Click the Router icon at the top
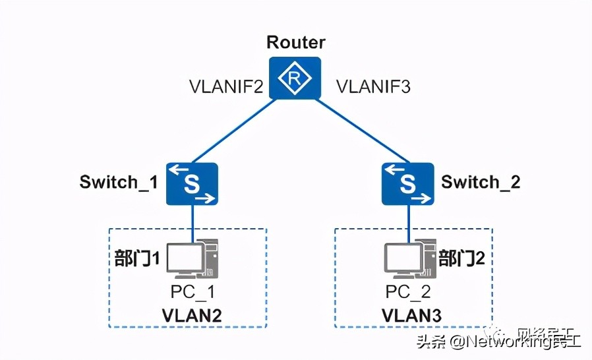[295, 78]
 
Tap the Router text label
[295, 43]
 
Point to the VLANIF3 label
[373, 86]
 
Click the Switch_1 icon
[191, 183]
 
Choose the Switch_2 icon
[407, 183]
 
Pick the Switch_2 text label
[481, 182]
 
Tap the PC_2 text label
[408, 291]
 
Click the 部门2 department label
[461, 258]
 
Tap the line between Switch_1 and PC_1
[192, 221]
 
